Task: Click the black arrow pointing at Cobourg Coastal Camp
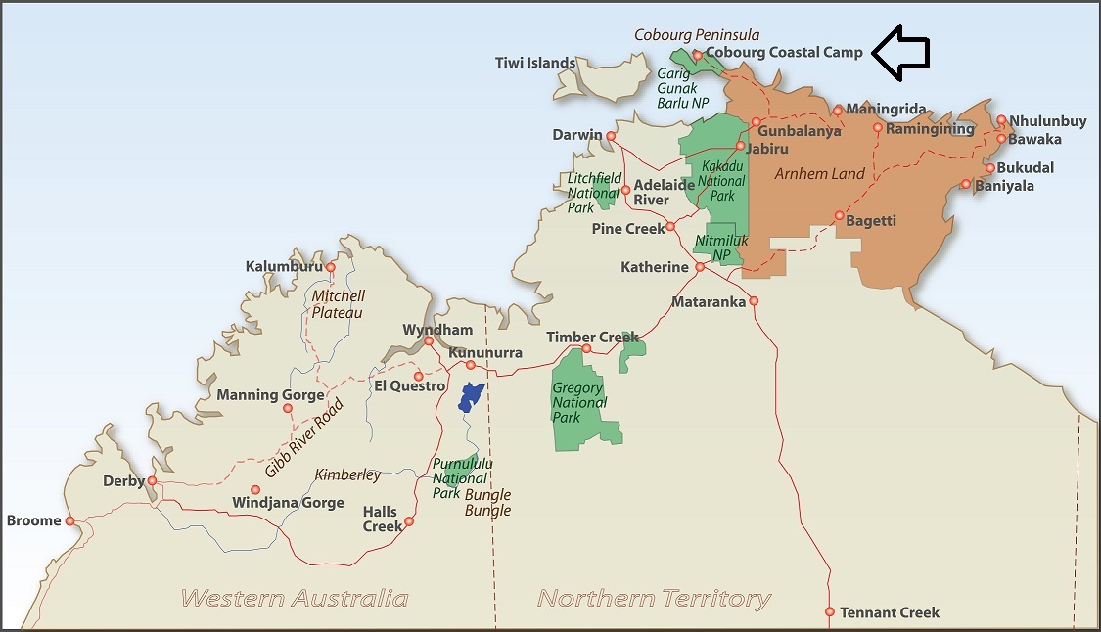point(899,53)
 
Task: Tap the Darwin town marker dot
point(611,136)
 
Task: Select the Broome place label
point(33,520)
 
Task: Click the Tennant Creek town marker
point(830,612)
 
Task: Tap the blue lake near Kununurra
point(471,396)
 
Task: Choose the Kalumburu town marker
point(330,267)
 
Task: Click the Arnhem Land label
point(819,174)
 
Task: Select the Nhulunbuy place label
point(1047,121)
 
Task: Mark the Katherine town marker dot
point(700,267)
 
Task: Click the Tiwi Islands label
point(535,63)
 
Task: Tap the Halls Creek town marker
point(409,521)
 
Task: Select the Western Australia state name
point(295,598)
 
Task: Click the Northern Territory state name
point(654,598)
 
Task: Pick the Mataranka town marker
point(754,301)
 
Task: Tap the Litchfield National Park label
point(594,194)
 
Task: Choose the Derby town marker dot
point(152,480)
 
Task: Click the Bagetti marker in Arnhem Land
point(839,215)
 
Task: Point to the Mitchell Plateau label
point(338,304)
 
